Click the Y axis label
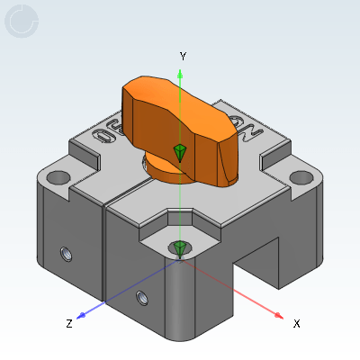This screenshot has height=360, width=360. [183, 56]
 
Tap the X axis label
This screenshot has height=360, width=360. [296, 323]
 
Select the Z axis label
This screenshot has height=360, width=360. [68, 323]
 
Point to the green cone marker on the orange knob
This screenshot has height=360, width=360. [180, 153]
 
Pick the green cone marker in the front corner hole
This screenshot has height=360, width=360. [180, 247]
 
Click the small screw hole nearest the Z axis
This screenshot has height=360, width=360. [139, 296]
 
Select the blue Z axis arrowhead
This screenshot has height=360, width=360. [81, 315]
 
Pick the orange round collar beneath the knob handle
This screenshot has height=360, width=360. [166, 167]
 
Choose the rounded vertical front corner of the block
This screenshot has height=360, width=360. [180, 297]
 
